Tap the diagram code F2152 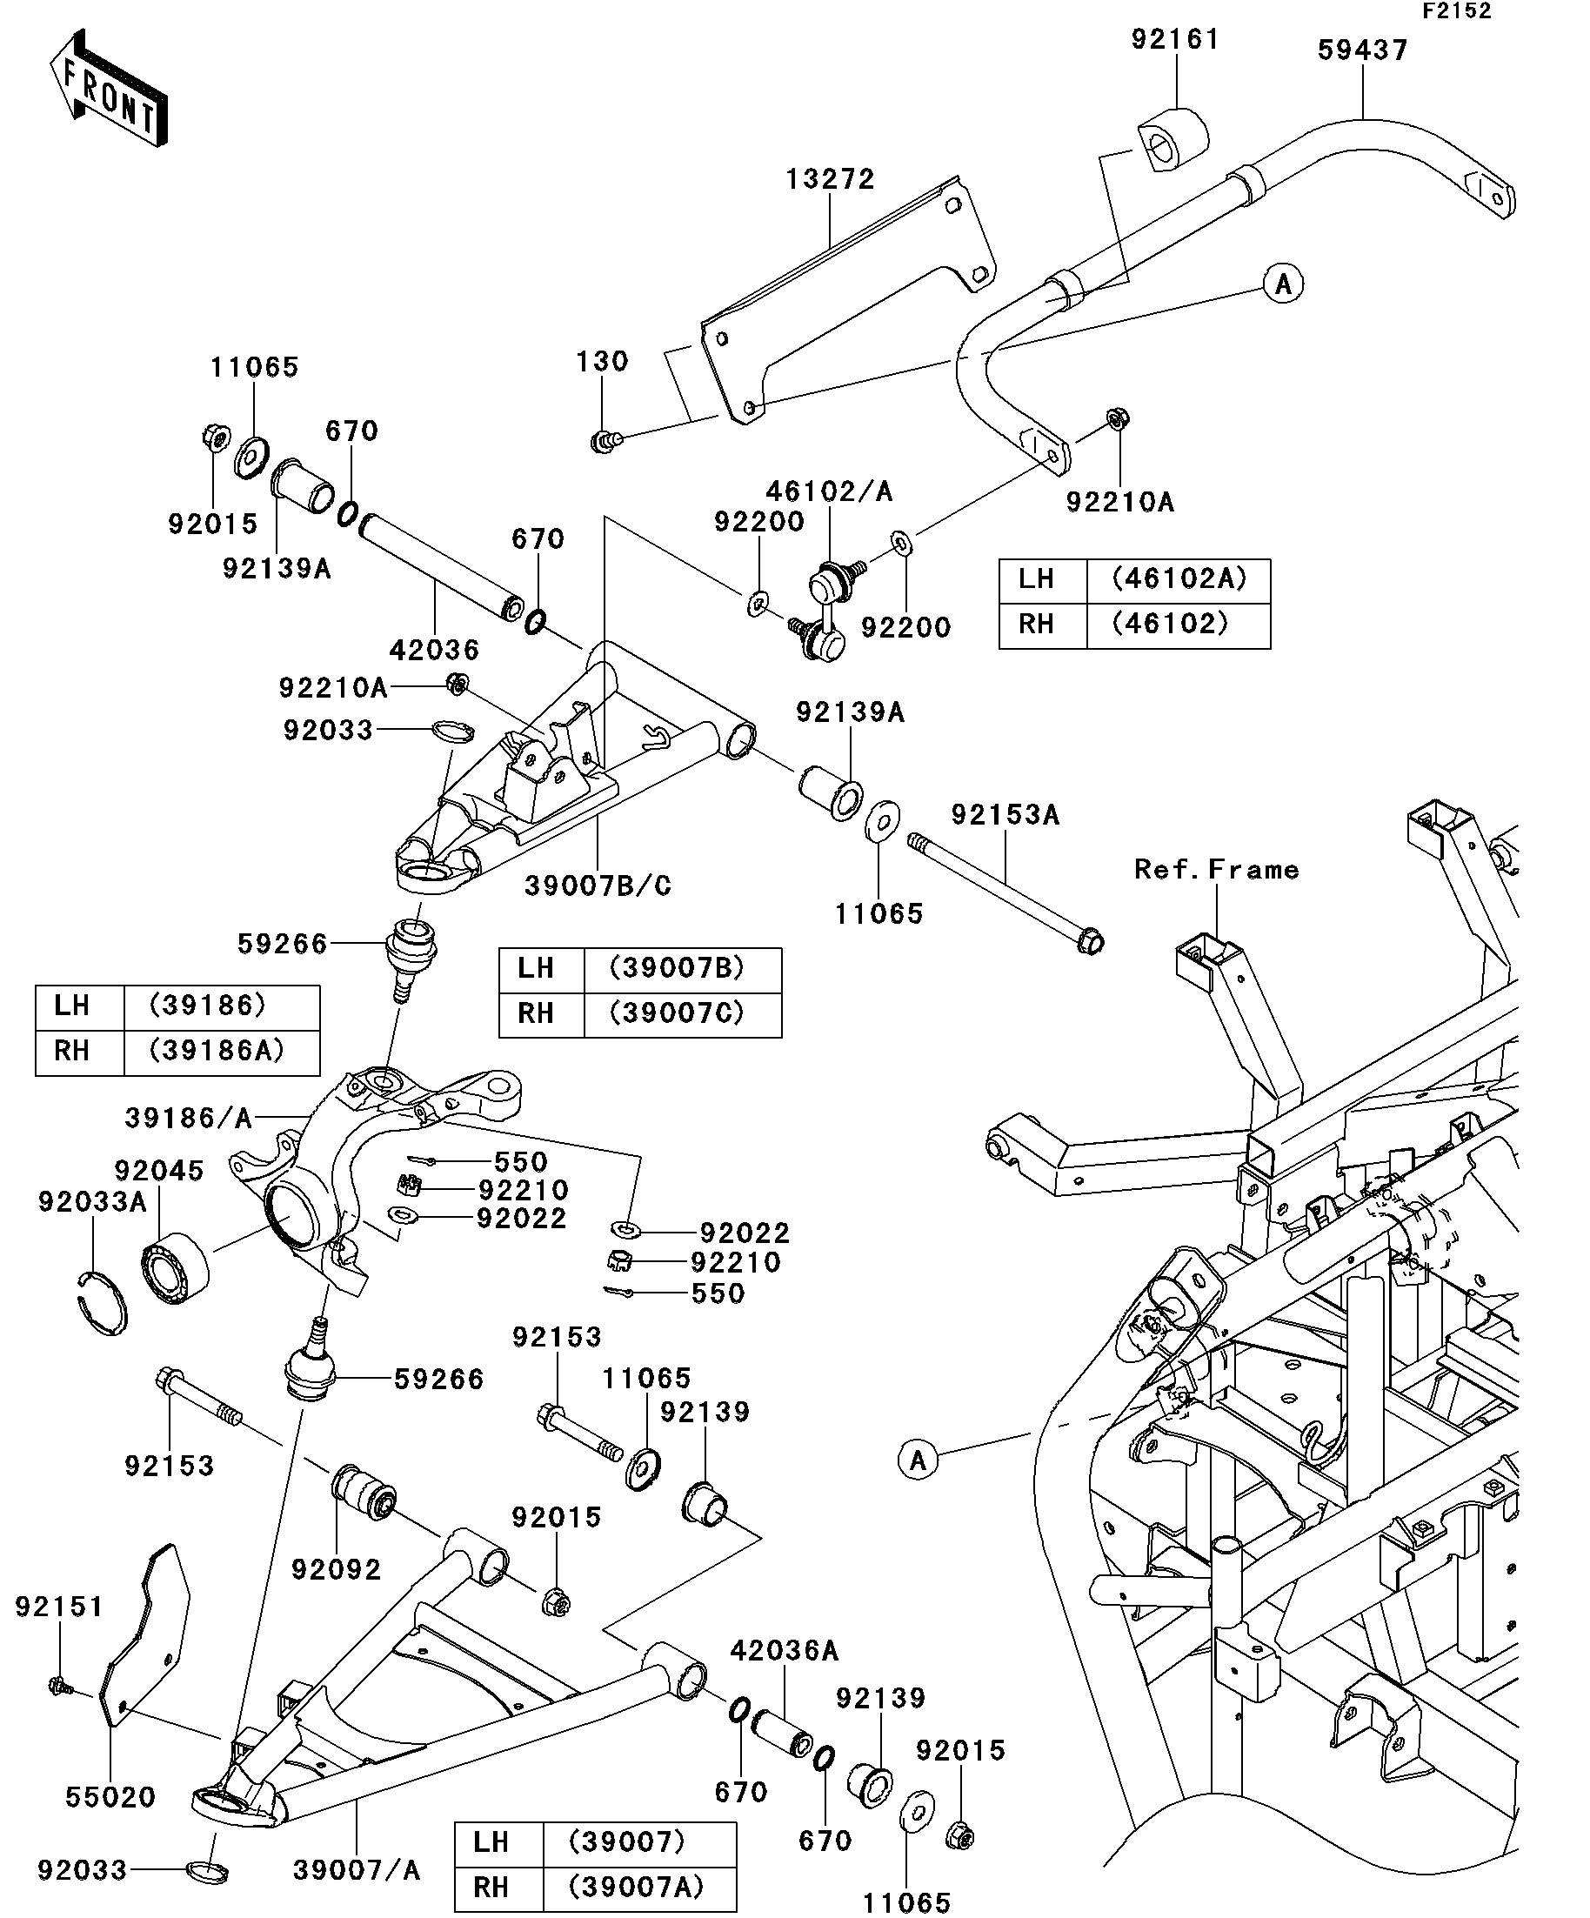[1456, 11]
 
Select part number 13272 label [830, 179]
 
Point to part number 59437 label [1363, 50]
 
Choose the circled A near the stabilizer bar [1283, 284]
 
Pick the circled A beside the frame [918, 1460]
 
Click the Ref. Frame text [1217, 870]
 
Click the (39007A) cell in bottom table [637, 1887]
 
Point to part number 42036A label [784, 1650]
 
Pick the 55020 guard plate [146, 1636]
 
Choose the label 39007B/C [598, 885]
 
